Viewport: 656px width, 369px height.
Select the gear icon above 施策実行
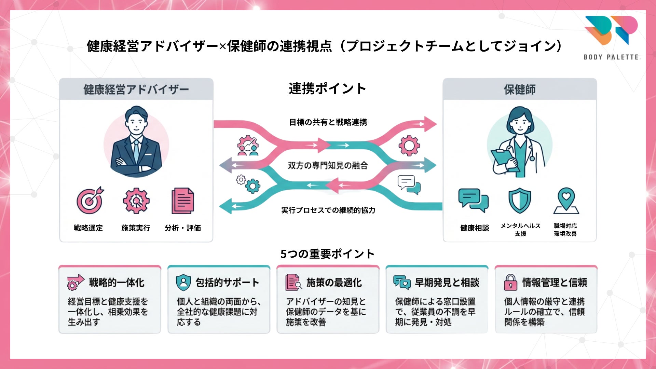(136, 201)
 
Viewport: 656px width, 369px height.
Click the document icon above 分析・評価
(182, 201)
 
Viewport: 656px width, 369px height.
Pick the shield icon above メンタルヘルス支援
(520, 201)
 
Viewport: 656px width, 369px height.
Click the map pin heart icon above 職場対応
(566, 201)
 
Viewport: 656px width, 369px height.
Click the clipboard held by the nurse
(502, 159)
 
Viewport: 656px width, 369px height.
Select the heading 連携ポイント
(327, 89)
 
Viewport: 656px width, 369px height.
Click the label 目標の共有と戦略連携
(328, 122)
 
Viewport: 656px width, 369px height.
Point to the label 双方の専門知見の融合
(328, 166)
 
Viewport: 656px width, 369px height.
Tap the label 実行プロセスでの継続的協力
(328, 210)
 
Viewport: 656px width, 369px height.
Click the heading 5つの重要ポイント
(327, 254)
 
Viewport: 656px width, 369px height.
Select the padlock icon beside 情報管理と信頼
(510, 283)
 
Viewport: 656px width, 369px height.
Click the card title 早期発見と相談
(447, 283)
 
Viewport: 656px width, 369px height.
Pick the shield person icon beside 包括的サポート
(183, 283)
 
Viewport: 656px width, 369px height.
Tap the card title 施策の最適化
(334, 283)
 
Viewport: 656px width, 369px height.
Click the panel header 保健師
(520, 90)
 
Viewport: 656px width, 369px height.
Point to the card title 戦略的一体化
(117, 283)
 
